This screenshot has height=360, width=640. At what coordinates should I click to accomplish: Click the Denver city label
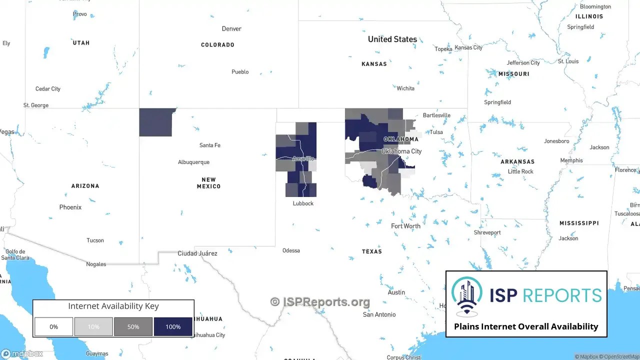tap(231, 29)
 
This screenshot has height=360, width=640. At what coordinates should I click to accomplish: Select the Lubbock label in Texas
tap(303, 203)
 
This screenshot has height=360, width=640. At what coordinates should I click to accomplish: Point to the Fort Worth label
tap(405, 226)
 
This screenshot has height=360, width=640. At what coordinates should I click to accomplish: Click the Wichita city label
tap(405, 88)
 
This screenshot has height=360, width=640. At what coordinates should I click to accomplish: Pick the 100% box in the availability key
tap(173, 327)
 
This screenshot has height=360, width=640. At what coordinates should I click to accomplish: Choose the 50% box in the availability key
tap(133, 327)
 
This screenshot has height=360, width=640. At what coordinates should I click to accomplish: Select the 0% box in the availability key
tap(53, 327)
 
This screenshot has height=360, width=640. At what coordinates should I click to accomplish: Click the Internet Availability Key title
tap(113, 306)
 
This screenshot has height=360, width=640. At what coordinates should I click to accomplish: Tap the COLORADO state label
tap(217, 45)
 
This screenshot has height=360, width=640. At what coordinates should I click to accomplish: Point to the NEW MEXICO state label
tap(208, 183)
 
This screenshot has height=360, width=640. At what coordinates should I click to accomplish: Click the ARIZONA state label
tap(85, 186)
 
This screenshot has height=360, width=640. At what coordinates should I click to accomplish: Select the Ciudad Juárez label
tap(197, 253)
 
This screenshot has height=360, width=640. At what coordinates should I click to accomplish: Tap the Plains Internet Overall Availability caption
tap(526, 326)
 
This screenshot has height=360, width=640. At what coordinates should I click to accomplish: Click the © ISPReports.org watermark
tap(320, 302)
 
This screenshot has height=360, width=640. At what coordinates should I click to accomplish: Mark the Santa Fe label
tap(209, 145)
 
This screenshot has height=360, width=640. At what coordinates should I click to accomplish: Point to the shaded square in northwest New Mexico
tap(155, 122)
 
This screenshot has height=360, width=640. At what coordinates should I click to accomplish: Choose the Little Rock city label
tap(520, 171)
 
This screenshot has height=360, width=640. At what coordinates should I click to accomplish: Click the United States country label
tap(392, 39)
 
